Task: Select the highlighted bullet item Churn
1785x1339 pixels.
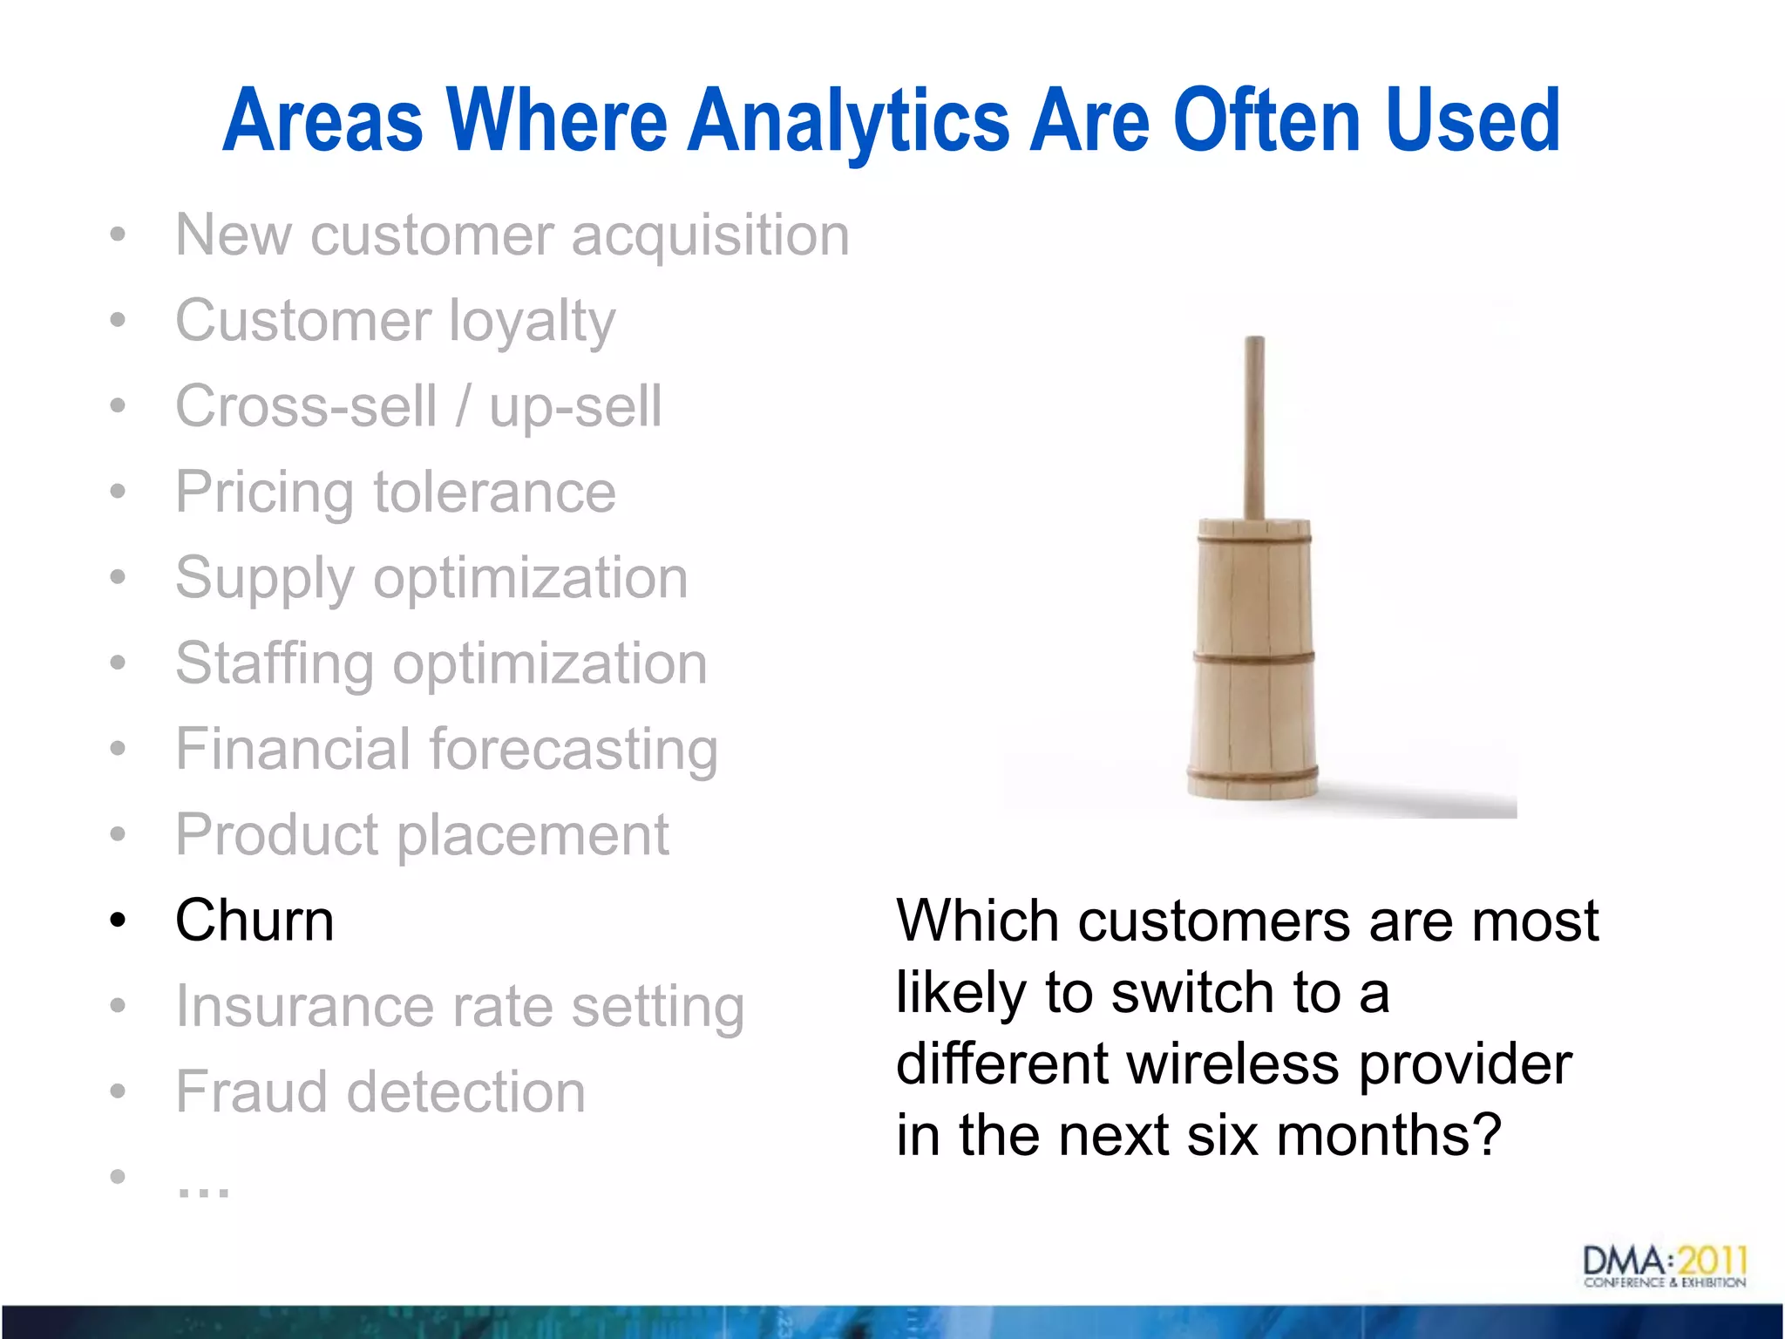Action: [x=255, y=921]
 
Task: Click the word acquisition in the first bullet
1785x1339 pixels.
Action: [x=710, y=235]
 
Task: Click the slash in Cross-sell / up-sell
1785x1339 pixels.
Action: [x=462, y=406]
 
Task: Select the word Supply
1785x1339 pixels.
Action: [x=264, y=578]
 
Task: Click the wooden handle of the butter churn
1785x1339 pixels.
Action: [x=1253, y=427]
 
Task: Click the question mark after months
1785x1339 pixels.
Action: [x=1485, y=1135]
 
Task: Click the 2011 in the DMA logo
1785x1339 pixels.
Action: [x=1713, y=1261]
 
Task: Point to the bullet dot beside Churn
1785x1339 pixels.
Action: [x=119, y=921]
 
